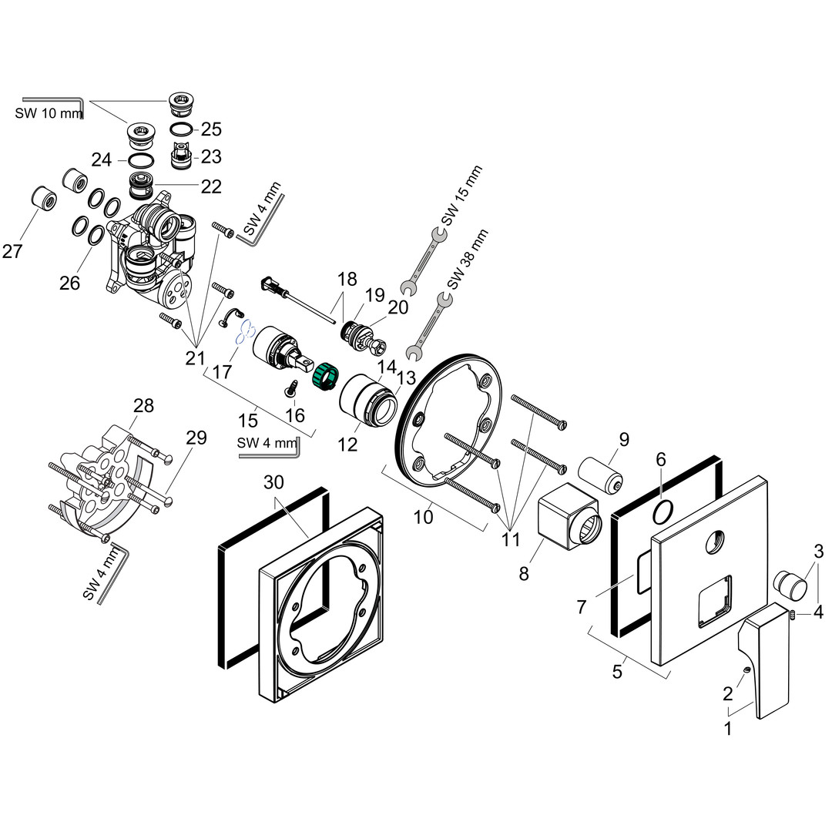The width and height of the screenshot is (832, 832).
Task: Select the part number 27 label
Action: point(12,251)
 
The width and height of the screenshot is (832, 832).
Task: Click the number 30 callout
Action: point(274,483)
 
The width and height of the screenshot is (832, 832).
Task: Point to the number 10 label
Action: point(423,517)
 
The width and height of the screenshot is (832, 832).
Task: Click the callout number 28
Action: point(143,405)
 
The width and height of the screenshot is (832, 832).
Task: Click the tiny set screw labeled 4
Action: point(793,614)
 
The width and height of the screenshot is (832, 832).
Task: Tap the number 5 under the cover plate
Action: point(616,672)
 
